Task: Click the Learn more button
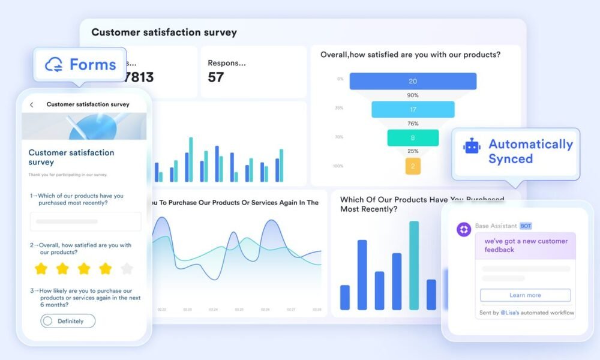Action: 525,295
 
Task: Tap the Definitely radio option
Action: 68,321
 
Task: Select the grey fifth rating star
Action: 127,268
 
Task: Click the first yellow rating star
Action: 41,268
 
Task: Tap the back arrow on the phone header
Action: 32,104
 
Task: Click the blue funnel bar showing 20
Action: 413,81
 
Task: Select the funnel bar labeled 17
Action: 413,110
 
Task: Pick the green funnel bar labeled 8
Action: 413,138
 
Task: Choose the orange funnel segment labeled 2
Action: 413,166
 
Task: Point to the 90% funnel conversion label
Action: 413,95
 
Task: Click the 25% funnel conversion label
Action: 413,151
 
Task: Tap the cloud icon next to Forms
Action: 54,64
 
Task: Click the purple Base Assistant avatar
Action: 464,229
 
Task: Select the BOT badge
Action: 526,226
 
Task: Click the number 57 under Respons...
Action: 215,77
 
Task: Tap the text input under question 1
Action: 86,221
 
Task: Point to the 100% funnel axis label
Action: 338,166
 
